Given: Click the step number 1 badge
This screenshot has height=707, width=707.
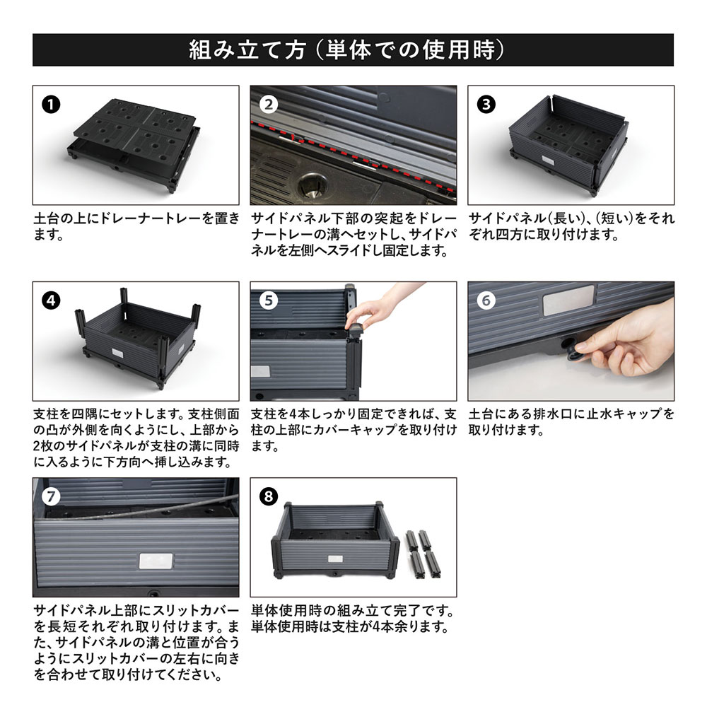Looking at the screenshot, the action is tap(51, 105).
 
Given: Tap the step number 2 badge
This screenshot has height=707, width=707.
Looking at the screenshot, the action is tap(269, 105).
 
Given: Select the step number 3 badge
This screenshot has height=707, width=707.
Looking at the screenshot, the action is tap(486, 105).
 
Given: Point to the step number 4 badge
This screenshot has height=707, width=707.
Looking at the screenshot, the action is tap(51, 300).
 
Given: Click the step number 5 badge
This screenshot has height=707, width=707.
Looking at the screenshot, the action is tap(269, 300).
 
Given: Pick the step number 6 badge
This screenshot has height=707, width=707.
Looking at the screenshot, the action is tap(486, 300).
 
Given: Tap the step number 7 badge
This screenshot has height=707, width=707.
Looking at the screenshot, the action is tap(51, 496).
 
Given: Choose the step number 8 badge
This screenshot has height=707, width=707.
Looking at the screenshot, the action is tap(269, 496).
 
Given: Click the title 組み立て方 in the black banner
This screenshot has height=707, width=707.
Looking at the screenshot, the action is tap(247, 49).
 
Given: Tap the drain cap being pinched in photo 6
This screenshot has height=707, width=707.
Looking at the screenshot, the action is tap(571, 348).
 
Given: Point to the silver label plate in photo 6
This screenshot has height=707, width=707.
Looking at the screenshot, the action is tap(568, 300).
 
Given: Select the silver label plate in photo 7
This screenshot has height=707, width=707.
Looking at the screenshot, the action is tap(156, 561).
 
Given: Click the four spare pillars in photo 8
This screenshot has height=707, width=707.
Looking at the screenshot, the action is tap(423, 554).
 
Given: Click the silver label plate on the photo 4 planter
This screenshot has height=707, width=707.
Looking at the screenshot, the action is tap(117, 353).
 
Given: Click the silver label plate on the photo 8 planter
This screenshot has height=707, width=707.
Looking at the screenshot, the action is tap(334, 559).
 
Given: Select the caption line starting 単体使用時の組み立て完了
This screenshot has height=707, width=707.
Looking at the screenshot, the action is tap(353, 611).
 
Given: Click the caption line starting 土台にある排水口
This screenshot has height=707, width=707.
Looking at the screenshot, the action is tap(571, 414).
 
